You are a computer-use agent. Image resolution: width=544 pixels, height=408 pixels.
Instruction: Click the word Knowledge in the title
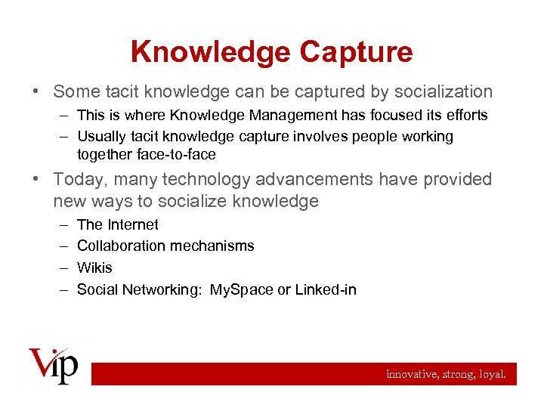[210, 52]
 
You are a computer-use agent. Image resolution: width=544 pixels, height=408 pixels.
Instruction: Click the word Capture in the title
[356, 52]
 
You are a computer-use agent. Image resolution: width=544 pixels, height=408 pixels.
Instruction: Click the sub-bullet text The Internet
[118, 224]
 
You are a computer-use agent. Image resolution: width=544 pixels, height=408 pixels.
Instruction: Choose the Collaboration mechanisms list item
[165, 246]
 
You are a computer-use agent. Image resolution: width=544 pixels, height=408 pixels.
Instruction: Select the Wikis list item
[94, 267]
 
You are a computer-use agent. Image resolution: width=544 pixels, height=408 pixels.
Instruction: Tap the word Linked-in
[326, 289]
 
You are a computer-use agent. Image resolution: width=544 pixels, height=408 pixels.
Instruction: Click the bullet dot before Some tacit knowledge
[38, 92]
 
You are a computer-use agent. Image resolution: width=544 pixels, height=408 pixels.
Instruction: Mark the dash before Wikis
[61, 267]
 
